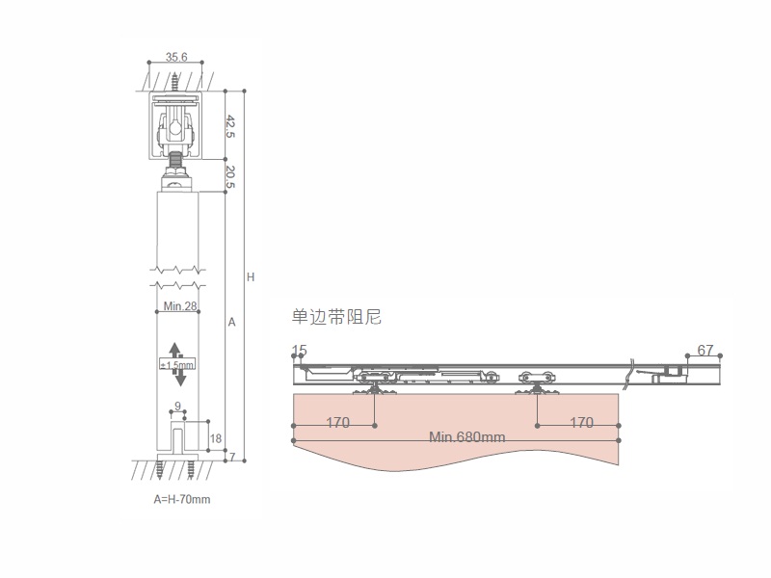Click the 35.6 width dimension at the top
click(176, 57)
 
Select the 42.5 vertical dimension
click(230, 126)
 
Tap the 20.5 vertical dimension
click(230, 177)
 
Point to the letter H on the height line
click(251, 277)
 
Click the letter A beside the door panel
click(232, 323)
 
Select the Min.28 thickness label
click(180, 306)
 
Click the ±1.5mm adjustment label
click(177, 365)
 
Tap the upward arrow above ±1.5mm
click(175, 350)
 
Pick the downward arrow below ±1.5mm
click(180, 378)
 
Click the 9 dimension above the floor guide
click(178, 407)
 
